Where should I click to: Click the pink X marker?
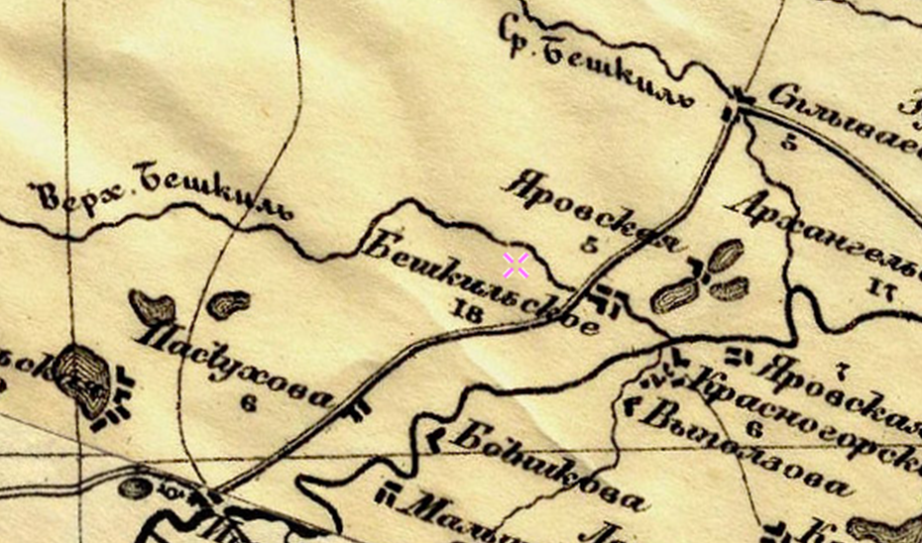(515, 265)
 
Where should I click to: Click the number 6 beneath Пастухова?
(248, 402)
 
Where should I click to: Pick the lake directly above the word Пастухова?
(228, 303)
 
